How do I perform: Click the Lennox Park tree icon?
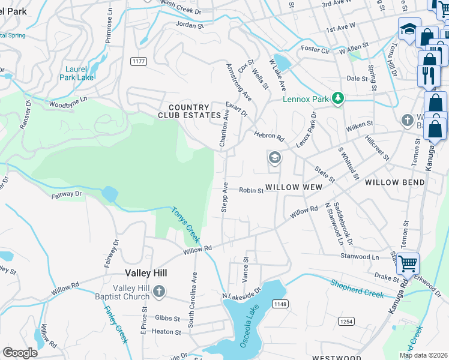338,97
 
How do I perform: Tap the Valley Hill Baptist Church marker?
159,292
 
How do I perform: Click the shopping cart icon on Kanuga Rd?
408,262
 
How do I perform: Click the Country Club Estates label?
189,111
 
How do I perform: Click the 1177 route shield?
139,61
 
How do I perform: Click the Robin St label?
252,191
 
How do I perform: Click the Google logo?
19,353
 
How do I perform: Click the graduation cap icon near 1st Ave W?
409,29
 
